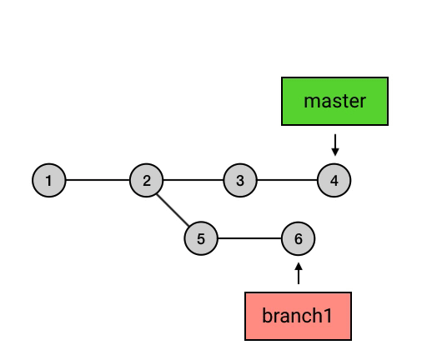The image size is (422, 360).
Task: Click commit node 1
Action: pos(49,180)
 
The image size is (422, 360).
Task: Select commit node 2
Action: pos(147,180)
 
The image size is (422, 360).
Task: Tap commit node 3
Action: pos(240,180)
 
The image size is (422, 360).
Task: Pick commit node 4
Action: pos(334,180)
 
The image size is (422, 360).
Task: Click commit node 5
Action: pos(201,238)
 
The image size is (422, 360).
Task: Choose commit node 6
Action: pos(299,238)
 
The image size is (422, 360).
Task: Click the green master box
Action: pos(334,101)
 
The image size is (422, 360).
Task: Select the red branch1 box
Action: pos(298,316)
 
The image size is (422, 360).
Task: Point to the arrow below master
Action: pos(335,145)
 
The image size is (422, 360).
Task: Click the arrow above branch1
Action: pos(299,273)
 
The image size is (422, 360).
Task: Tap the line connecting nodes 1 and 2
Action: pos(98,180)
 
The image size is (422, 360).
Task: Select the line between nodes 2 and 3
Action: pos(193,180)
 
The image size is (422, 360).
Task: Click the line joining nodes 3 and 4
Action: pos(287,180)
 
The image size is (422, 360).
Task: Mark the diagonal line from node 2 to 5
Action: pos(173,210)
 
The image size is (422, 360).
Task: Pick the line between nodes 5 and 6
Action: pos(249,238)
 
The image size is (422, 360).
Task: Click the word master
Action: pos(334,101)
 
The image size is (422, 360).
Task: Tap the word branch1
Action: pos(297,315)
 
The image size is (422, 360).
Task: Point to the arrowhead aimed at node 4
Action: pos(335,152)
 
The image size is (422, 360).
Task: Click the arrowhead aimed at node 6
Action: pos(299,266)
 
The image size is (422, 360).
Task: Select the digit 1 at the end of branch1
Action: pos(328,315)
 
